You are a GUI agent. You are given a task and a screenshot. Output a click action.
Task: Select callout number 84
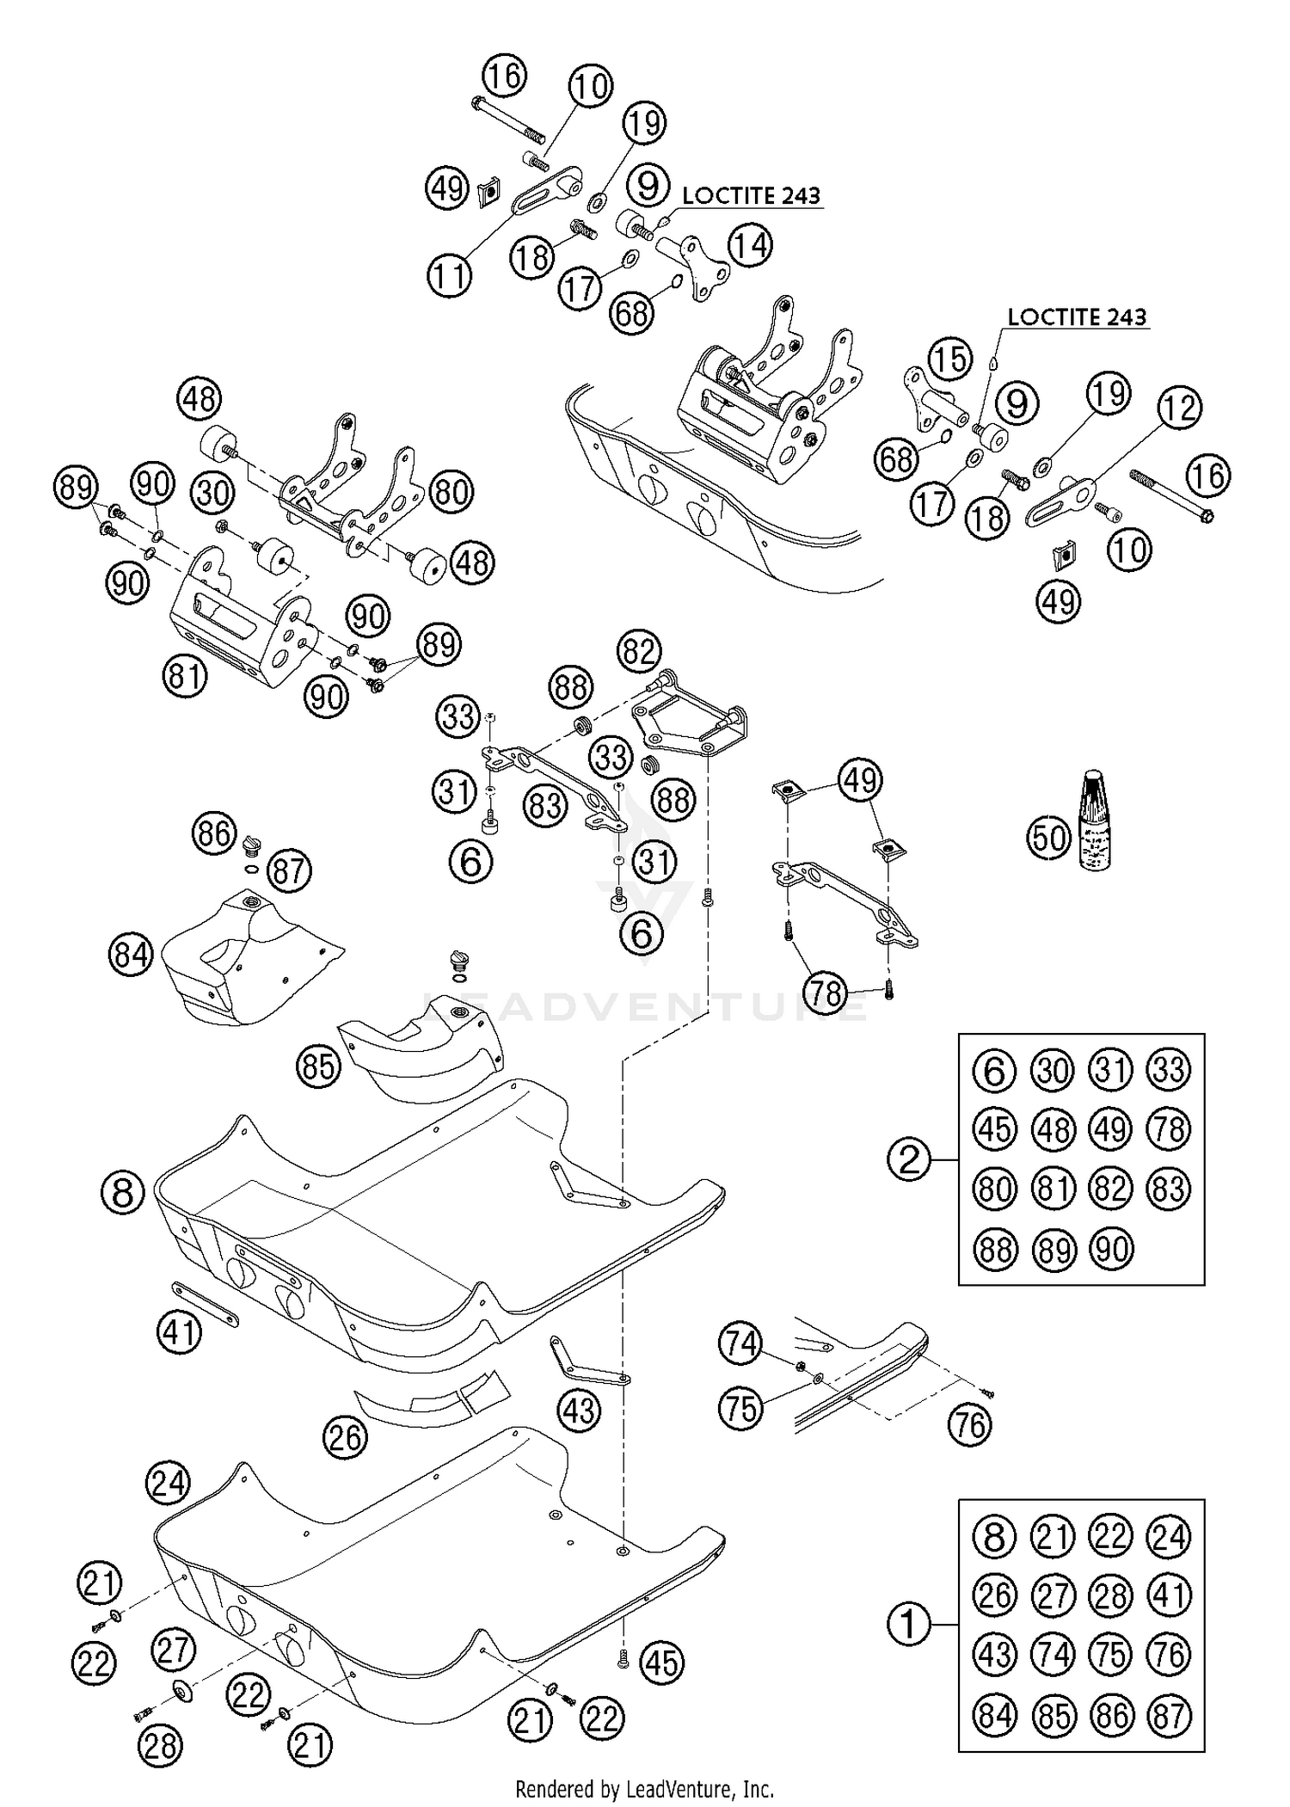pyautogui.click(x=131, y=955)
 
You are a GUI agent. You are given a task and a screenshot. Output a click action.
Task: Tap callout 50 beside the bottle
pyautogui.click(x=1049, y=837)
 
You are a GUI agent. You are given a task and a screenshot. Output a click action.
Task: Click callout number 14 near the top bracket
pyautogui.click(x=750, y=245)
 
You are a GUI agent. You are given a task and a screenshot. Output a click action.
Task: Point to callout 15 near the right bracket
pyautogui.click(x=949, y=359)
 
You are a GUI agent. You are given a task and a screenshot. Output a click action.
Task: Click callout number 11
pyautogui.click(x=451, y=277)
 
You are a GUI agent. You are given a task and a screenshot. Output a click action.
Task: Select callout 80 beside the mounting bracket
pyautogui.click(x=451, y=492)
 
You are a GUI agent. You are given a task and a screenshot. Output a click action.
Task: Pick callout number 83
pyautogui.click(x=545, y=806)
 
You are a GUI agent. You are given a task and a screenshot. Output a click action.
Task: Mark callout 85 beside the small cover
pyautogui.click(x=318, y=1066)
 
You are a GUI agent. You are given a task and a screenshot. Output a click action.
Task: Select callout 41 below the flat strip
pyautogui.click(x=180, y=1333)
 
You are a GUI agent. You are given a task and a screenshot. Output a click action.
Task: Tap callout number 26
pyautogui.click(x=346, y=1437)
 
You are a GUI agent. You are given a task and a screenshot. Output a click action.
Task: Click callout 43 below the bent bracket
pyautogui.click(x=579, y=1411)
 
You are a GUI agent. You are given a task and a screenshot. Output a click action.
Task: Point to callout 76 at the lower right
pyautogui.click(x=970, y=1425)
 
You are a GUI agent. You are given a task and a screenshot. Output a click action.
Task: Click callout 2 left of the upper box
pyautogui.click(x=910, y=1161)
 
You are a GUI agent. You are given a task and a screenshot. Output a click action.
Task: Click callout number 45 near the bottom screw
pyautogui.click(x=661, y=1663)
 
